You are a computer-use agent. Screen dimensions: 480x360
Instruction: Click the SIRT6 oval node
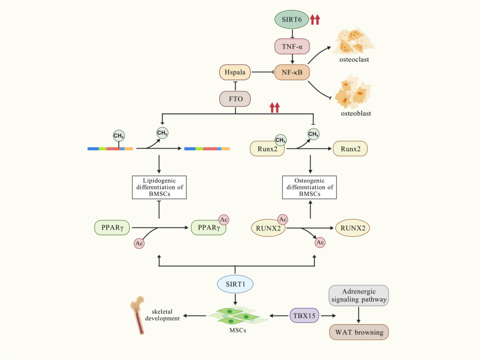[292, 19]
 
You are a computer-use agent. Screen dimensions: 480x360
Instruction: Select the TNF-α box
[292, 46]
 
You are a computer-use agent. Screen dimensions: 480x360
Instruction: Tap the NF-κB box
[292, 72]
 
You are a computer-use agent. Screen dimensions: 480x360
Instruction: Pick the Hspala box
[235, 72]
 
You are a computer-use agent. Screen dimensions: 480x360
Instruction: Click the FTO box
[235, 99]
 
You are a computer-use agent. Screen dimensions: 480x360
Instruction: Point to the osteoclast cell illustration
[353, 41]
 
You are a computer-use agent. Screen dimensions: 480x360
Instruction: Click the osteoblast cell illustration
[353, 93]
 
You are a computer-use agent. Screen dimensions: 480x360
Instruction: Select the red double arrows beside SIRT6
[315, 20]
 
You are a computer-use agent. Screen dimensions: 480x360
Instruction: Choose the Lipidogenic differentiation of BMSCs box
[159, 187]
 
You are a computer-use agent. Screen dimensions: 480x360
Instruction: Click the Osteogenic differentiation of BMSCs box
[309, 187]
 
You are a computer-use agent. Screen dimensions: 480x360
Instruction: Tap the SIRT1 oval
[235, 284]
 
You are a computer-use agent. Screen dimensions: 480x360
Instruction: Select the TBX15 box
[305, 316]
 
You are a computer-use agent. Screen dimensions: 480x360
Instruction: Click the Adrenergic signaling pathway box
[359, 295]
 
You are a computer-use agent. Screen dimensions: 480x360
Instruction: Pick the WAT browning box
[359, 332]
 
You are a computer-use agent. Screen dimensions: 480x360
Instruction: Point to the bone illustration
[138, 315]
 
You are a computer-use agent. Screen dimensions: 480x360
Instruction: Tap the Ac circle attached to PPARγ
[224, 220]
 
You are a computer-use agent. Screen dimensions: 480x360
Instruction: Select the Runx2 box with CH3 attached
[267, 149]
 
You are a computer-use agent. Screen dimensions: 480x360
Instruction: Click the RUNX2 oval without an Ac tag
[353, 228]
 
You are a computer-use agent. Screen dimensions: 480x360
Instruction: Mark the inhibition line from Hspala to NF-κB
[263, 72]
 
